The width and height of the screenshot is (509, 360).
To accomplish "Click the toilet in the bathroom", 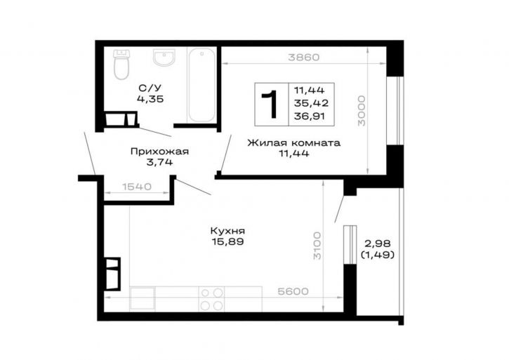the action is [121, 65].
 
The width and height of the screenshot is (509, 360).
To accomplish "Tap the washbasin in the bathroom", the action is [164, 58].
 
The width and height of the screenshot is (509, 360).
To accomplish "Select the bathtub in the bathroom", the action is [201, 85].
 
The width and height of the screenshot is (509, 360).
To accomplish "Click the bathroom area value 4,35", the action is [150, 99].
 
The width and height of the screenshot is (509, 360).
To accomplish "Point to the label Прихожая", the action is [159, 152].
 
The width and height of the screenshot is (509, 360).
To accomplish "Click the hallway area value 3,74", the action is [159, 161].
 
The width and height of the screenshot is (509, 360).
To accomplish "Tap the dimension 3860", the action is [304, 57].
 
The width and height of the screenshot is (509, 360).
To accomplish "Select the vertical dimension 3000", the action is [362, 111].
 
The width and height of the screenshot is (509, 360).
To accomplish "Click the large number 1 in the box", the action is [270, 104].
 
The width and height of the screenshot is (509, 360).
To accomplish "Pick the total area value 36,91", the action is [310, 116].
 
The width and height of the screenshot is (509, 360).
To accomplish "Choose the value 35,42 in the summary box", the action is [311, 103].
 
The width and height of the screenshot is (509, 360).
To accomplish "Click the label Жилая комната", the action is [293, 143].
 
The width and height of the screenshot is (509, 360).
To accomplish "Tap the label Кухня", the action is [227, 231].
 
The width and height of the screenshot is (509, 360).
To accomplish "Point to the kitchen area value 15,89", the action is [227, 241].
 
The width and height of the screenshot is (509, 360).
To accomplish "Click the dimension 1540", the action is [137, 187].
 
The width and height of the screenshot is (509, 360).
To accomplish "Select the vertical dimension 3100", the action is [317, 246].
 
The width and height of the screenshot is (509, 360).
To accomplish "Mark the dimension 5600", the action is [293, 291].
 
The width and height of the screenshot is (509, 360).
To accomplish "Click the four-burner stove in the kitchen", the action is [211, 299].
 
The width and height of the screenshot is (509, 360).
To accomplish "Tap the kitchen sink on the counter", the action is [143, 299].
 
